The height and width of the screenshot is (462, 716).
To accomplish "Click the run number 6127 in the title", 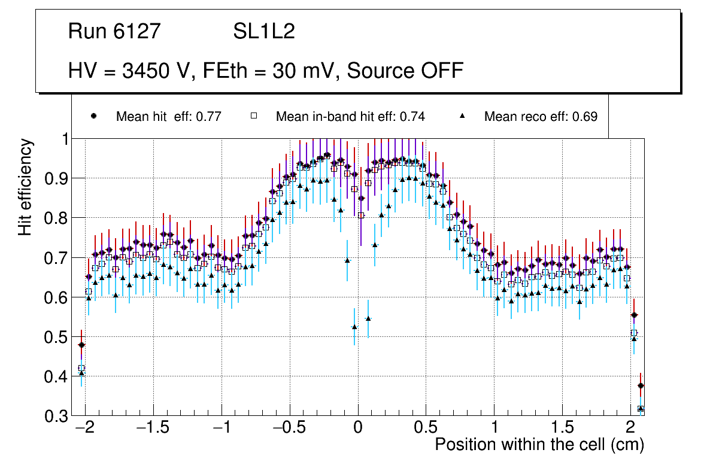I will coord(138,32).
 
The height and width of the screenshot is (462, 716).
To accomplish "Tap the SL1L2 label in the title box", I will coord(264,32).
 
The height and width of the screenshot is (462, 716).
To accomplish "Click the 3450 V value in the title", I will coord(157,71).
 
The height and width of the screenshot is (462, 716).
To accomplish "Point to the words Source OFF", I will coord(405,71).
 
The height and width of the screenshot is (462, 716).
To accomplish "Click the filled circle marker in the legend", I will coord(93,116).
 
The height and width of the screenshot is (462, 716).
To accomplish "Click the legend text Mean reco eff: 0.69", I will coord(541,117).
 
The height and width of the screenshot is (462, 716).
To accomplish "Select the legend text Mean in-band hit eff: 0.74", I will coord(350,117).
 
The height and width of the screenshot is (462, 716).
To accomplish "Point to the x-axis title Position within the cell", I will coord(539,445).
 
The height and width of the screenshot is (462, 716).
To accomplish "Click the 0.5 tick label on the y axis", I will coord(57,337).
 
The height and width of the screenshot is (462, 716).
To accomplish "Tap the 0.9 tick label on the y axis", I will coord(57,178).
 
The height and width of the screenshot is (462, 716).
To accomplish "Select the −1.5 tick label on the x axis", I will coord(153,428).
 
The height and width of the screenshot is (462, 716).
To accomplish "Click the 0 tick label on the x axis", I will coord(358,428).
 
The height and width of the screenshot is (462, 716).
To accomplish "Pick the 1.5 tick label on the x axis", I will coord(562,428).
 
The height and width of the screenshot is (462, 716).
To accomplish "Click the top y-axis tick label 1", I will coord(65,139).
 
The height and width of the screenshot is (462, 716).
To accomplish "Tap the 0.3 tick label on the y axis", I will coord(57,416).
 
